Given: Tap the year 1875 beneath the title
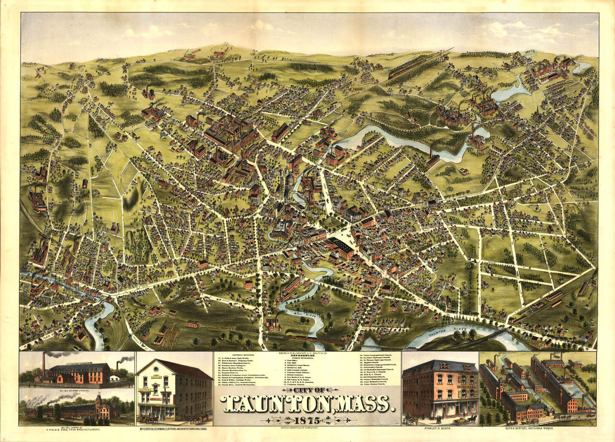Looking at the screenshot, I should click(x=307, y=419).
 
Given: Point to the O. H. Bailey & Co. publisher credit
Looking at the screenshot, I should click(x=307, y=354).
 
